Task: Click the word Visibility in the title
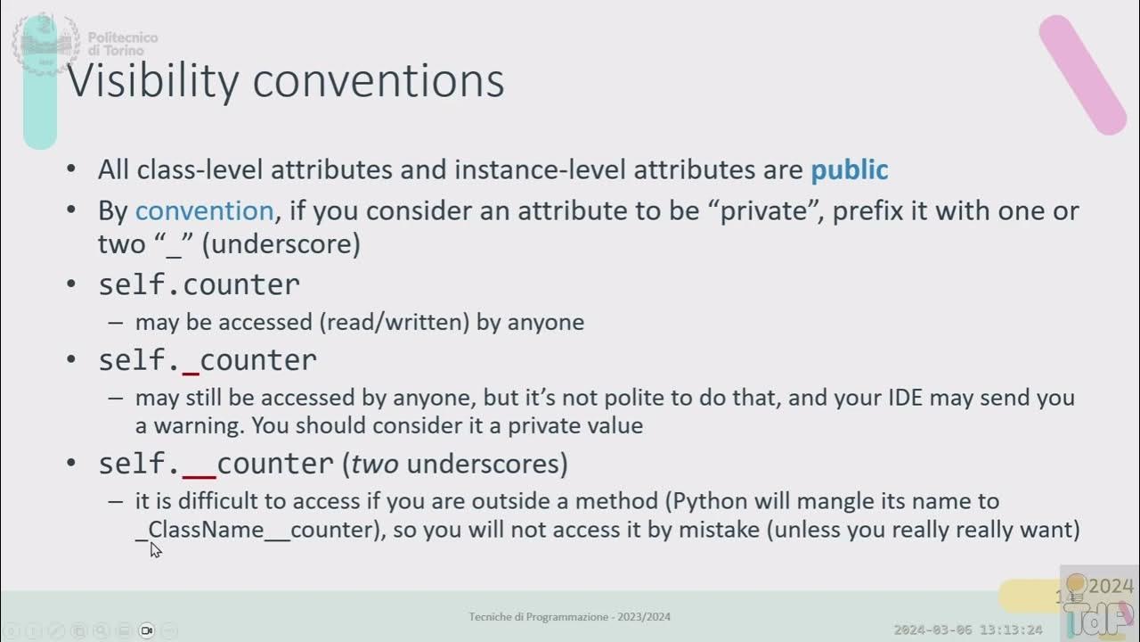click(x=153, y=81)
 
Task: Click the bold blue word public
click(x=849, y=169)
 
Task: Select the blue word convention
click(x=204, y=210)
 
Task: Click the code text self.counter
click(x=199, y=284)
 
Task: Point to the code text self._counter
click(x=208, y=359)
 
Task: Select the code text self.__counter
click(x=216, y=464)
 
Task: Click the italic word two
click(x=375, y=464)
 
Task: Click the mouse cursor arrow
click(x=155, y=549)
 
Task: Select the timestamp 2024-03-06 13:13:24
click(x=967, y=630)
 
